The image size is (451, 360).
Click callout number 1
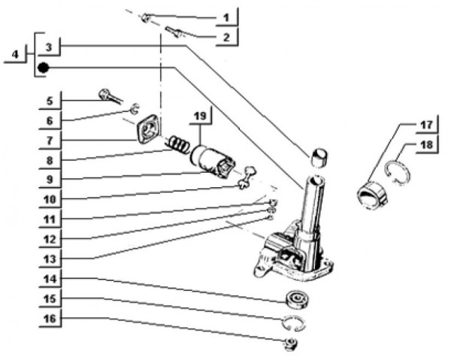coord(224,16)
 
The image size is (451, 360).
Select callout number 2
coord(224,35)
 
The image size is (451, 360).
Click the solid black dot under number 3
coord(44,68)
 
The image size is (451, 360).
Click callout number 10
coord(49,199)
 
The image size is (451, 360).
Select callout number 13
coord(49,258)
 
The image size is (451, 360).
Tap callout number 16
coord(49,319)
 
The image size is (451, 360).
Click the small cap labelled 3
coord(319,156)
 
